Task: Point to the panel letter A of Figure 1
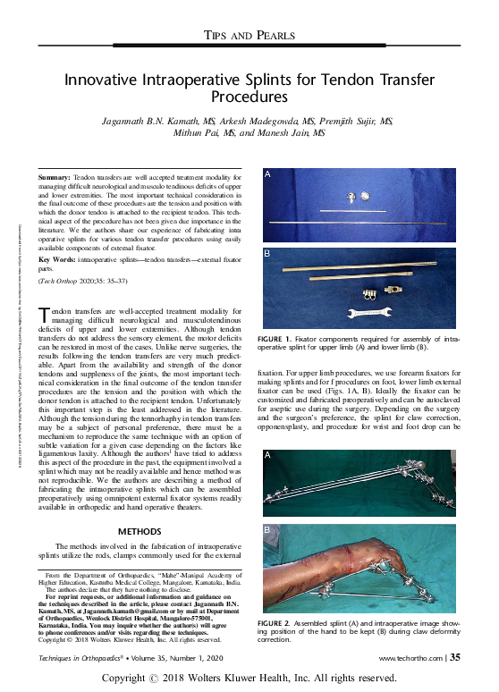click(266, 176)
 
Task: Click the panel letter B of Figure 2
click(267, 531)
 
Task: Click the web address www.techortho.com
click(412, 658)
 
